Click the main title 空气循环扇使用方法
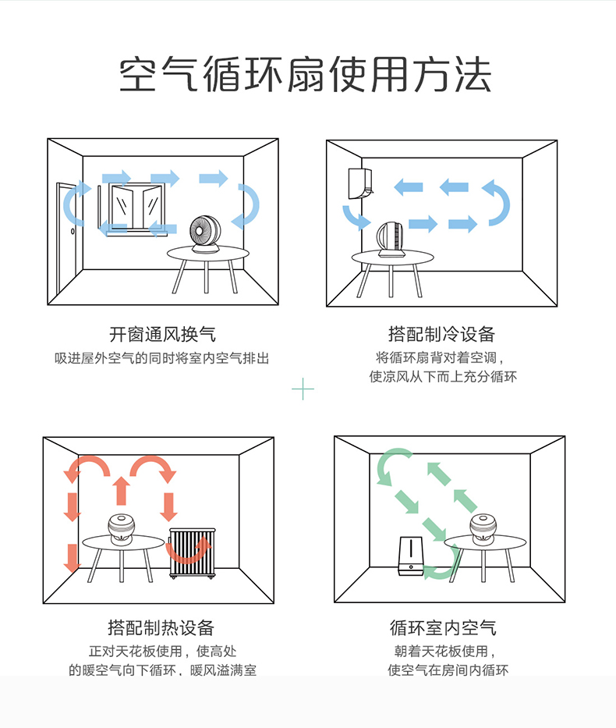pyautogui.click(x=306, y=75)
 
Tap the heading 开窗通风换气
pyautogui.click(x=162, y=335)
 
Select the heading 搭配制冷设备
pyautogui.click(x=441, y=335)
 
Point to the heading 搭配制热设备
pyautogui.click(x=161, y=628)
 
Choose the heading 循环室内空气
pyautogui.click(x=443, y=628)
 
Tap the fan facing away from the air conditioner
pyautogui.click(x=391, y=239)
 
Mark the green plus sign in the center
pyautogui.click(x=303, y=388)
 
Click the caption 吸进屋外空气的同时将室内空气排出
pyautogui.click(x=162, y=358)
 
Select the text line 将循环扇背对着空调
pyautogui.click(x=441, y=358)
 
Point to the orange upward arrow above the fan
pyautogui.click(x=120, y=490)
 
